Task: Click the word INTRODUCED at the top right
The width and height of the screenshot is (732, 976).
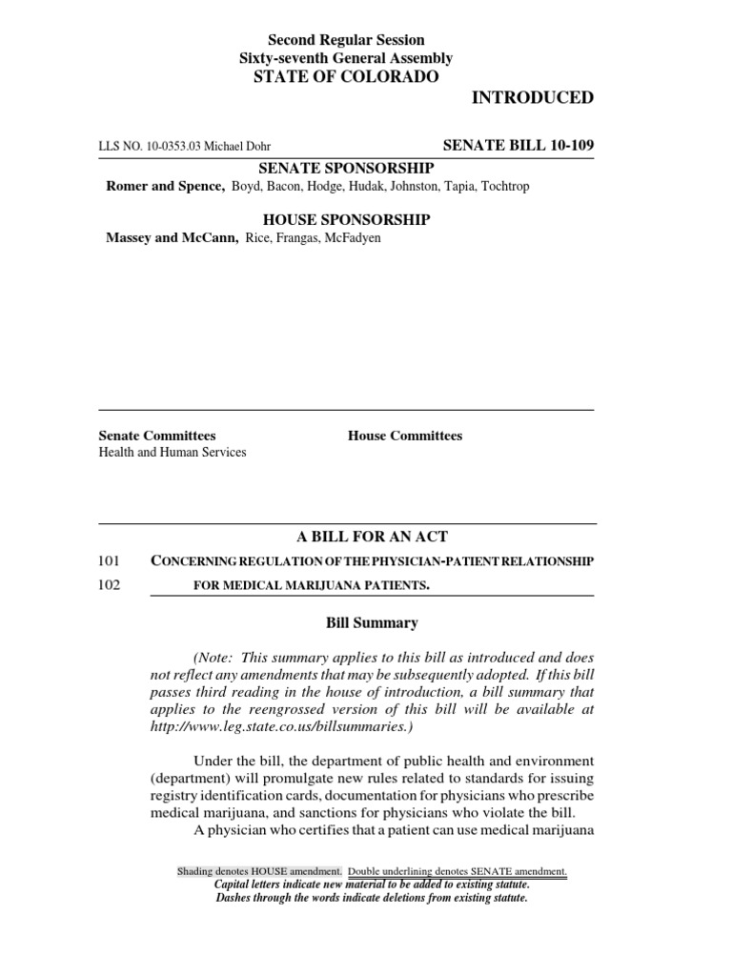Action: (533, 98)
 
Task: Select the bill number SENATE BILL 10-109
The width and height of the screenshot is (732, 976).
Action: (519, 145)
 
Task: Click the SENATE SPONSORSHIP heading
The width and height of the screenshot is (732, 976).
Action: (346, 168)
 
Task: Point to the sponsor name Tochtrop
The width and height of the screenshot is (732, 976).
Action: (502, 186)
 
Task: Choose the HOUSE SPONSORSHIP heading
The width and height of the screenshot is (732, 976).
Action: (346, 220)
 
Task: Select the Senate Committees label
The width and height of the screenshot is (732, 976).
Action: (157, 436)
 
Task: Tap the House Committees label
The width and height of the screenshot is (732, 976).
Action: (405, 436)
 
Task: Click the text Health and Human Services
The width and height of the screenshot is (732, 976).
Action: (173, 453)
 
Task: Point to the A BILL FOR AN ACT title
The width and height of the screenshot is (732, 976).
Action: (346, 538)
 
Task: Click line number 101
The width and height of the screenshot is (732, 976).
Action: (110, 561)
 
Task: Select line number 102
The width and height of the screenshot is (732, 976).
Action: (110, 585)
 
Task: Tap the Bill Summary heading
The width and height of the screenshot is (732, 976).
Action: (372, 623)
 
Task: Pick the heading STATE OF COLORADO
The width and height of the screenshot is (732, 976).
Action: (346, 77)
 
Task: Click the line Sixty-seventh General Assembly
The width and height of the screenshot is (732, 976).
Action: (346, 58)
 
